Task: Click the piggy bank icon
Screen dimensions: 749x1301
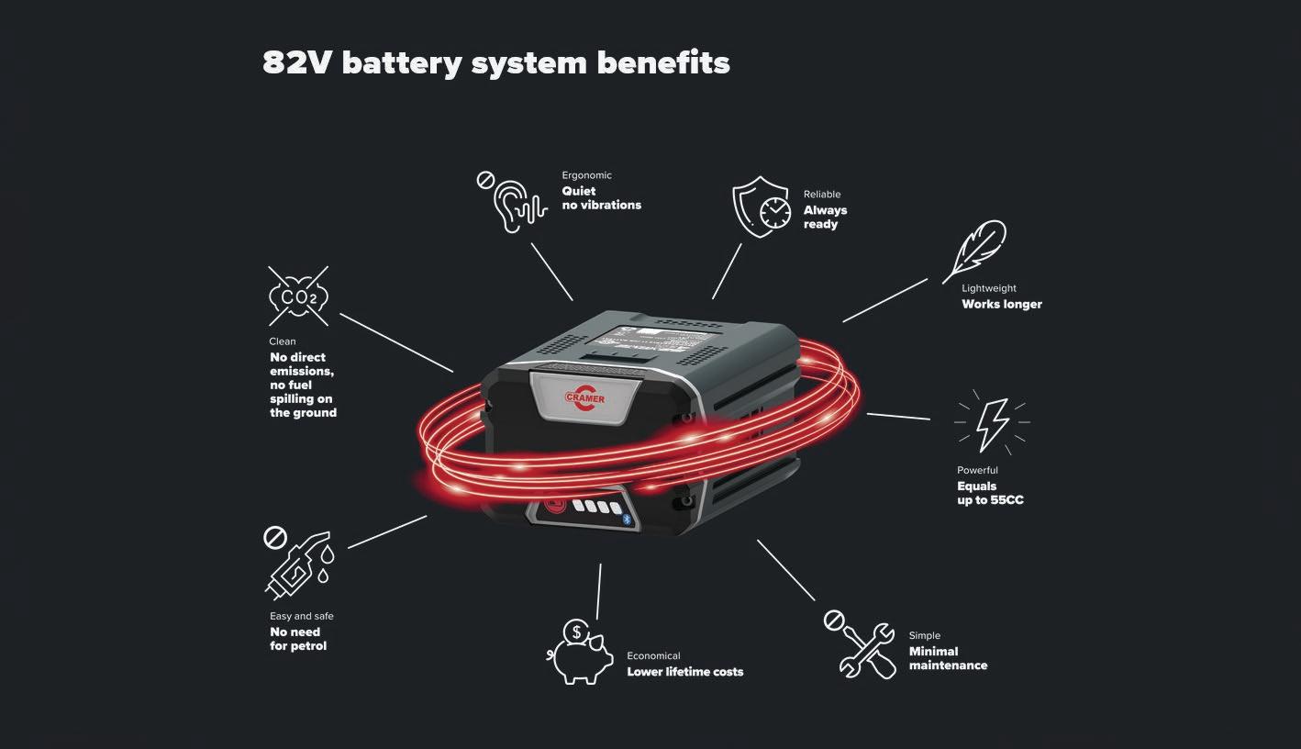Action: click(582, 652)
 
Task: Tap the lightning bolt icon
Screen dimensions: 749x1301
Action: click(993, 423)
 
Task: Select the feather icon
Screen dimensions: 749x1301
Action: click(974, 250)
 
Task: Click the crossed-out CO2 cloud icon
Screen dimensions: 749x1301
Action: click(298, 296)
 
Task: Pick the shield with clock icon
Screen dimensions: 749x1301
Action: click(762, 207)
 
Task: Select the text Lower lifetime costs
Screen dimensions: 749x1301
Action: click(684, 672)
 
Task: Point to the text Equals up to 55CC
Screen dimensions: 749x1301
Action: click(990, 493)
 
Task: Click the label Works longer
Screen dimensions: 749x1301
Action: click(1002, 304)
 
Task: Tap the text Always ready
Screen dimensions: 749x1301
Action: click(825, 217)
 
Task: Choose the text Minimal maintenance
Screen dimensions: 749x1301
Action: click(948, 658)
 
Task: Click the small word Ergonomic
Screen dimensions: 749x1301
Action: click(586, 175)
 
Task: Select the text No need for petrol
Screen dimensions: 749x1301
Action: click(298, 639)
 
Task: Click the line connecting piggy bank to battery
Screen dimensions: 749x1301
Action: click(599, 591)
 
